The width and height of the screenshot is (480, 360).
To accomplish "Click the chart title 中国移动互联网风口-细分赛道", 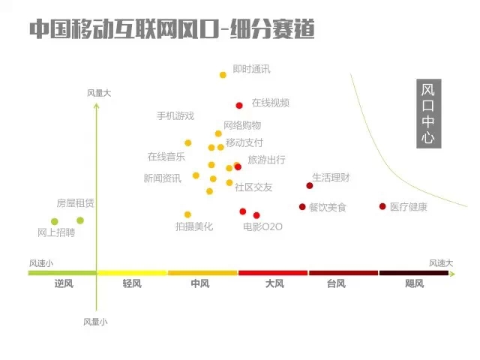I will (x=171, y=29).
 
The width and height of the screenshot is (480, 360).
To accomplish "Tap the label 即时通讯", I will (x=251, y=70).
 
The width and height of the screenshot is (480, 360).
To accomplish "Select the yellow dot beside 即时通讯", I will (x=223, y=75).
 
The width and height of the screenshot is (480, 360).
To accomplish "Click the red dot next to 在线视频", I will (x=239, y=106).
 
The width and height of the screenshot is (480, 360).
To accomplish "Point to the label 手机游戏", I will (x=175, y=115).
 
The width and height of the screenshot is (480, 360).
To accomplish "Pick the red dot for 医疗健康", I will (x=382, y=206).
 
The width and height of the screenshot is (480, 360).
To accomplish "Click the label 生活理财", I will (x=331, y=178).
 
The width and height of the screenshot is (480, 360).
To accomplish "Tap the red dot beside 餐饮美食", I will (x=302, y=206).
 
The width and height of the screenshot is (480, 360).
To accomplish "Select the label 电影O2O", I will (x=262, y=226).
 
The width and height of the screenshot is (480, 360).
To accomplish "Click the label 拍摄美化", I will (x=194, y=226).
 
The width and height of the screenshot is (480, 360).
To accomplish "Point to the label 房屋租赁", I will (x=75, y=203).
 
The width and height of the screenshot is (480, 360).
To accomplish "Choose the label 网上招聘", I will (x=56, y=232).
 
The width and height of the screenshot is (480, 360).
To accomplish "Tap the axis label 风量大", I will (x=99, y=93).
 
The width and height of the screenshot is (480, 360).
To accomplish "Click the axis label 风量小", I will (x=95, y=321).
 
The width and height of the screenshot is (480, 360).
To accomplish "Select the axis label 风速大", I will (x=441, y=263).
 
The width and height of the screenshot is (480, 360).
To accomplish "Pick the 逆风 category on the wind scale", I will (x=63, y=283).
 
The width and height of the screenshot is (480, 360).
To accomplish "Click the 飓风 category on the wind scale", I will (x=414, y=283).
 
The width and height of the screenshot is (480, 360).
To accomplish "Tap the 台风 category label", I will (x=336, y=283).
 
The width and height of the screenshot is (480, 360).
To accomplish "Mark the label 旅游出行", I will (x=266, y=160).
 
